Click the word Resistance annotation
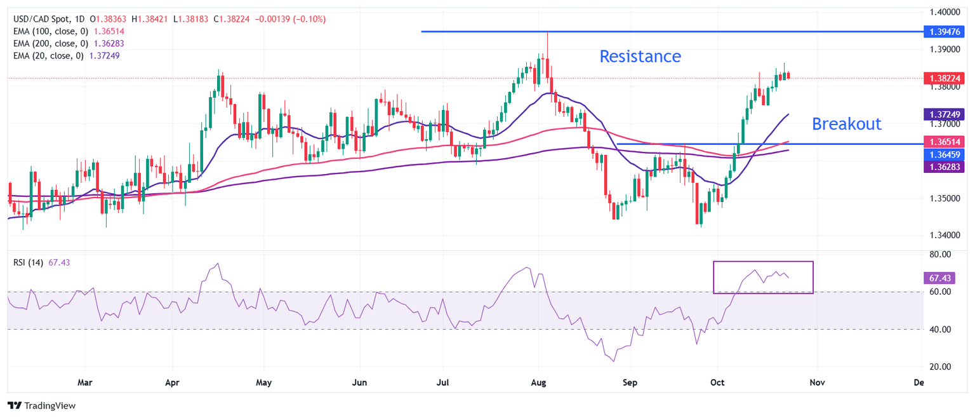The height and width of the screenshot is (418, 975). click(x=640, y=57)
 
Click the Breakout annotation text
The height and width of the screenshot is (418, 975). click(x=847, y=123)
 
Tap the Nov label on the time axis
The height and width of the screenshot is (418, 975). click(x=817, y=383)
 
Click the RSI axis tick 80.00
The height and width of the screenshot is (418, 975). click(x=939, y=254)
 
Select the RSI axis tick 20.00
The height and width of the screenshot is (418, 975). click(x=939, y=367)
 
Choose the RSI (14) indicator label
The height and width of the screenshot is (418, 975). click(x=28, y=263)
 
